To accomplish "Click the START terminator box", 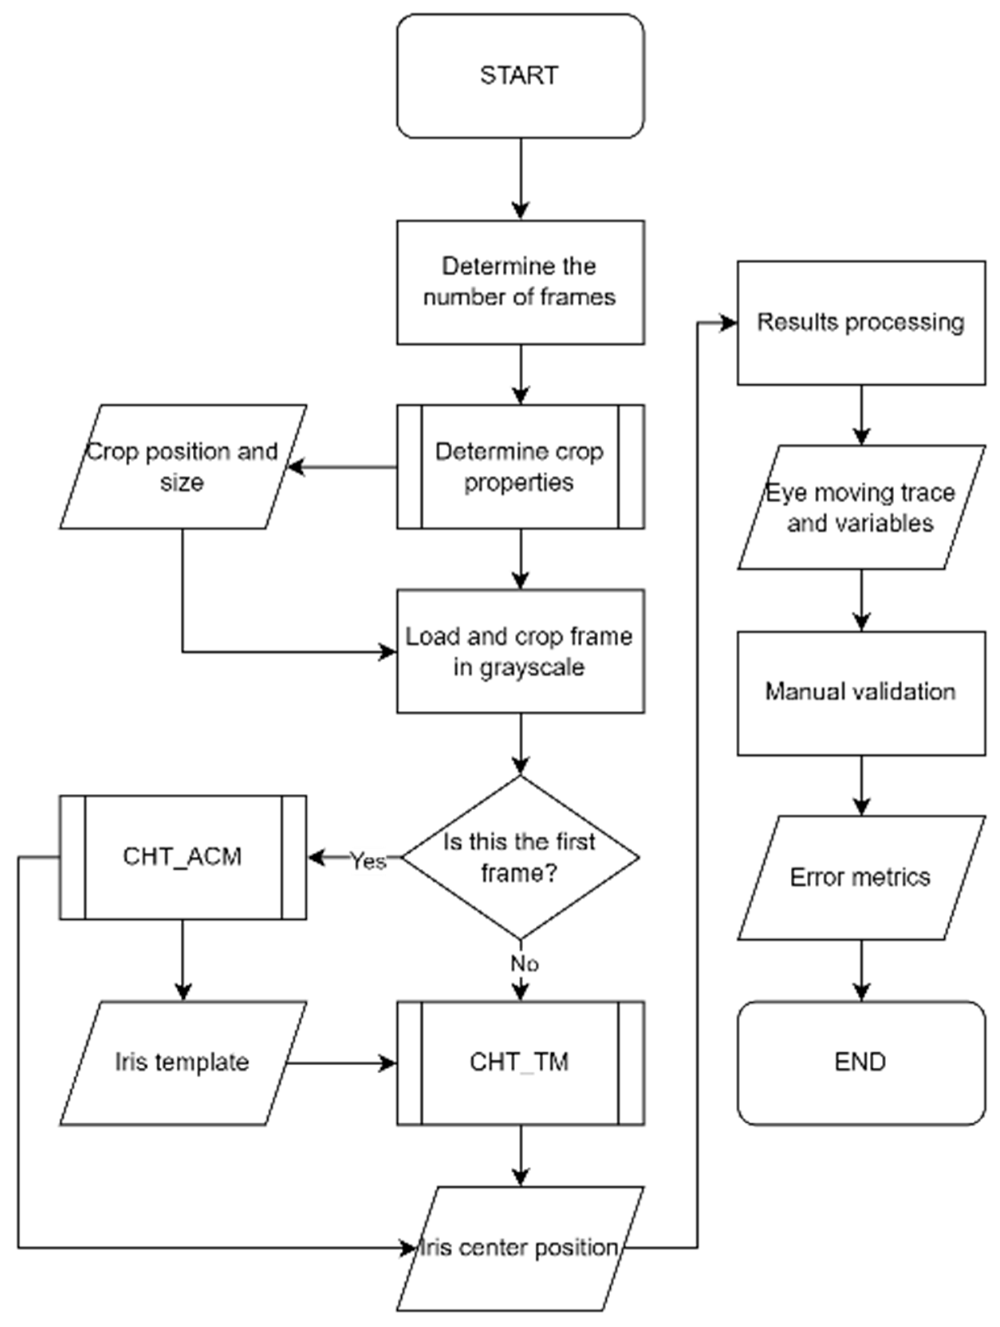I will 520,76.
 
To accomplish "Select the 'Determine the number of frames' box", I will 520,282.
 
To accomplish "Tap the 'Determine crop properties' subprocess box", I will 520,466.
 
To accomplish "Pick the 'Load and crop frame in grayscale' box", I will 520,651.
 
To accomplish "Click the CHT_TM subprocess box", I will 520,1062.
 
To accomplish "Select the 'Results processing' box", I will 861,322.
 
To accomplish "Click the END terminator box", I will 861,1062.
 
